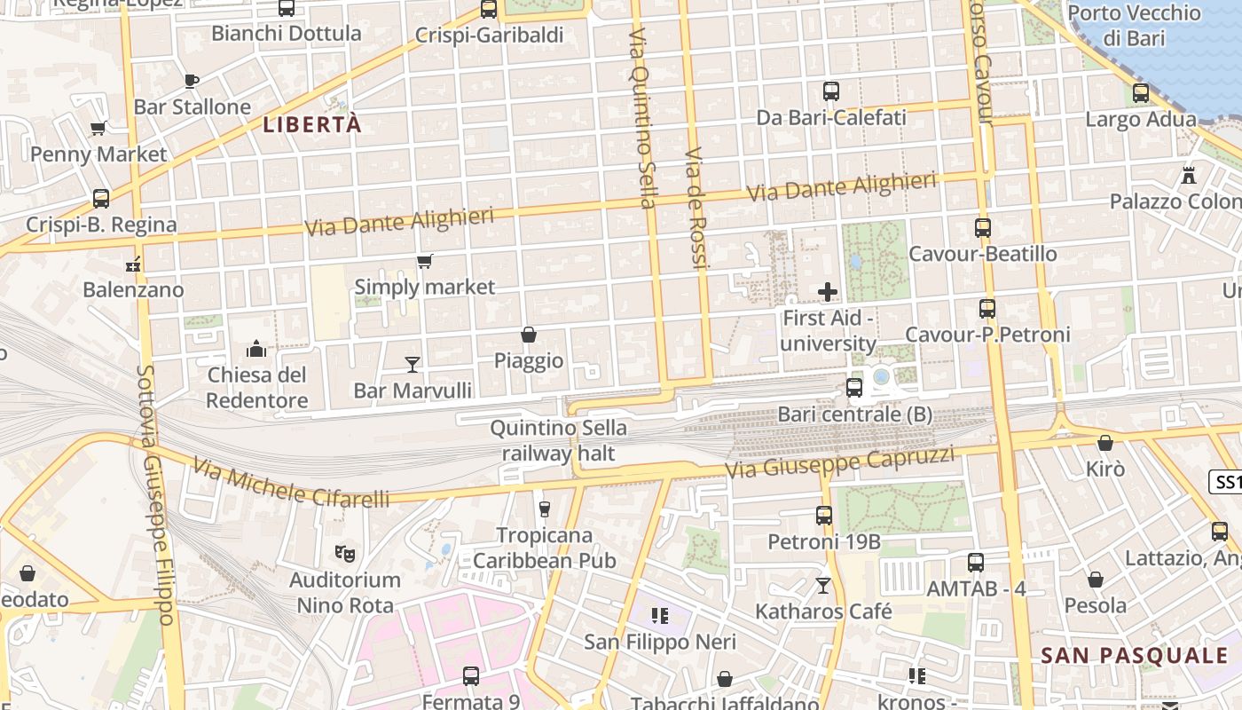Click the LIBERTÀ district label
coord(312,125)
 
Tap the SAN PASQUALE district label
coord(1134,656)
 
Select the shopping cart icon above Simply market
coord(425,261)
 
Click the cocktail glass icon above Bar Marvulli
coord(413,364)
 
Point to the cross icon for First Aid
coord(828,291)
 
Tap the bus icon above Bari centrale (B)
coord(854,388)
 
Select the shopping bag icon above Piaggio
coord(529,335)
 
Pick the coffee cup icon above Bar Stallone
coord(192,81)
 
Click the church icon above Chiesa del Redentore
coord(256,348)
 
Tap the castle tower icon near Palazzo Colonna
coord(1189,175)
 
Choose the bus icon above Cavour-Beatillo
coord(983,228)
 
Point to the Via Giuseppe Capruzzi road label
coord(840,461)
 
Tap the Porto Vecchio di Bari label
coord(1134,26)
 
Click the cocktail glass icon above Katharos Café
coord(823,586)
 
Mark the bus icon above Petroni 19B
coord(824,516)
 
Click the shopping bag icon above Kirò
coord(1105,443)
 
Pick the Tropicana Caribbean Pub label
coord(545,548)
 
